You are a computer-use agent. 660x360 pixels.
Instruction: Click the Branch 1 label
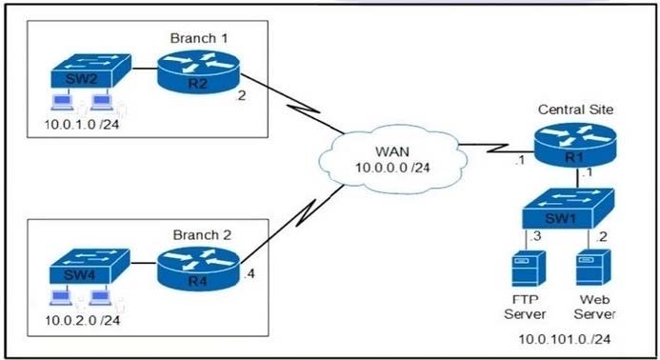pos(198,38)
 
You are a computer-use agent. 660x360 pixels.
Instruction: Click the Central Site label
pos(576,110)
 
